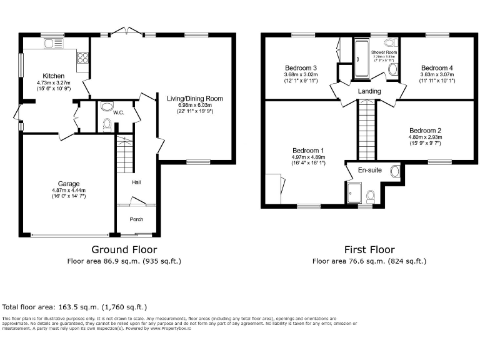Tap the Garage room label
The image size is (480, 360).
click(x=69, y=184)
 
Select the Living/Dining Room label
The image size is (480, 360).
click(x=195, y=99)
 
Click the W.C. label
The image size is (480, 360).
click(x=119, y=112)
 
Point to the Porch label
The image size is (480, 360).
click(x=136, y=219)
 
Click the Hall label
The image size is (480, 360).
click(x=136, y=182)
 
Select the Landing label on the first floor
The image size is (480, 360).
click(x=369, y=92)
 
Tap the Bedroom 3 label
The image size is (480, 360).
click(x=301, y=67)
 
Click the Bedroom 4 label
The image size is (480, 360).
click(x=436, y=67)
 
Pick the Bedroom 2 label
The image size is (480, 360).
click(x=425, y=130)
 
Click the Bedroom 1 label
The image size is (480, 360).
click(x=308, y=151)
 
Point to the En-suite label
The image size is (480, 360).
click(x=369, y=169)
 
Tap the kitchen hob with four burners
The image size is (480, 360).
click(x=82, y=57)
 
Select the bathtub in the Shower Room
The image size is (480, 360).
click(x=361, y=58)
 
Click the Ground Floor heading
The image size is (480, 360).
click(x=123, y=249)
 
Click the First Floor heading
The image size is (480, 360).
click(x=369, y=249)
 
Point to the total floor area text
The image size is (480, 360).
click(x=75, y=307)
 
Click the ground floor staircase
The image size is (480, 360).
click(x=126, y=155)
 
